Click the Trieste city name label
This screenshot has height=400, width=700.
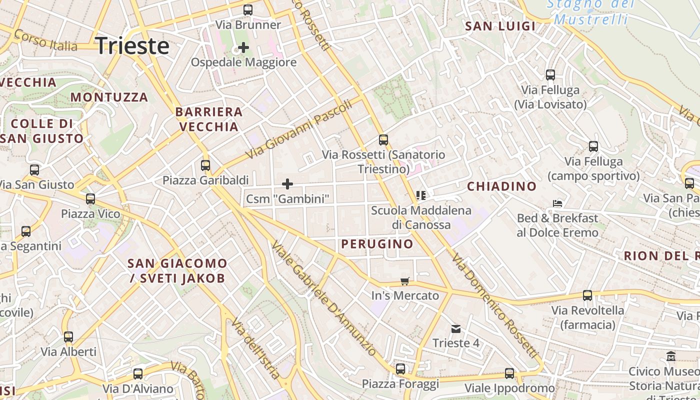tap(132, 46)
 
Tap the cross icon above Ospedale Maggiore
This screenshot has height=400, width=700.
tap(243, 47)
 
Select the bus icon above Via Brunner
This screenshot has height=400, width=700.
tap(247, 9)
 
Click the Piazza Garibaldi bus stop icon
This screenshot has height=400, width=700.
tap(205, 165)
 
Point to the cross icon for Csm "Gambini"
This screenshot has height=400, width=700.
tap(287, 183)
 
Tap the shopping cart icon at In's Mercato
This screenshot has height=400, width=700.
tap(405, 281)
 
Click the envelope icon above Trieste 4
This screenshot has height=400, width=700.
tap(456, 328)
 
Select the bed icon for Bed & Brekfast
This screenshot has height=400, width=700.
tap(557, 203)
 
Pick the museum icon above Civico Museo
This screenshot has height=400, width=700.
tap(671, 356)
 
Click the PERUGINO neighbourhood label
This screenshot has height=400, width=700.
tap(377, 244)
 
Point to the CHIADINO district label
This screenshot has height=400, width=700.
tap(501, 186)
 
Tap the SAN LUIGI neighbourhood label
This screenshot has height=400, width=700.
tap(500, 26)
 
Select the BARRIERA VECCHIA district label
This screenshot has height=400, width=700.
tap(209, 119)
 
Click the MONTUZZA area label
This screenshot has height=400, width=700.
tap(109, 97)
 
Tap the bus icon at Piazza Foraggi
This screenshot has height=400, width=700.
tap(400, 369)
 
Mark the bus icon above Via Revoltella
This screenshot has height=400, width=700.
tap(587, 295)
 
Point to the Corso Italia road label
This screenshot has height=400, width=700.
tap(45, 40)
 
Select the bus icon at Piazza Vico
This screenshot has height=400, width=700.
tap(90, 199)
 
